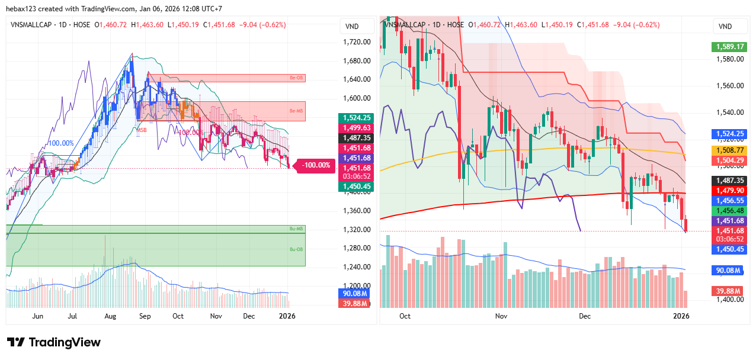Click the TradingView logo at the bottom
coord(54,342)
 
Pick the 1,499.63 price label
coord(354,127)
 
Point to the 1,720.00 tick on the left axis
coord(357,42)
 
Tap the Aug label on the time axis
coord(110,316)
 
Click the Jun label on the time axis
coord(37,316)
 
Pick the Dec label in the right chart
coord(585,316)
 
